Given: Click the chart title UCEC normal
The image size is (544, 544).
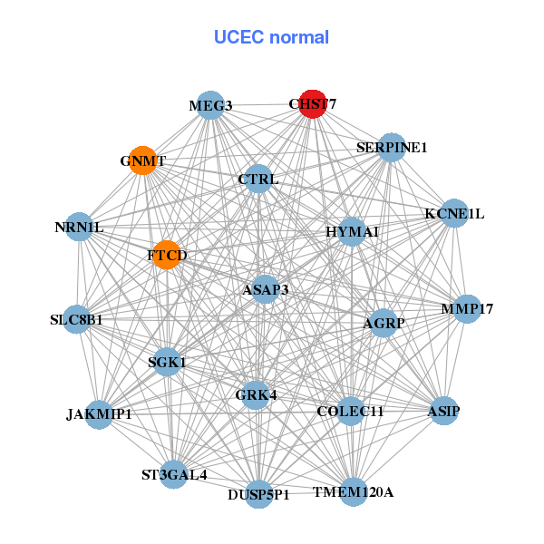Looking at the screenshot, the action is [271, 37].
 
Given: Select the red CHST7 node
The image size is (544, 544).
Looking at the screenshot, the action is [313, 104].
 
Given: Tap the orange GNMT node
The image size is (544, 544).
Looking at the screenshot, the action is [142, 160].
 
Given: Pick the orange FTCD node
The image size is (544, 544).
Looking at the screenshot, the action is [166, 255].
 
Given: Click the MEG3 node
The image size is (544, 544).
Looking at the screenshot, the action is [210, 105].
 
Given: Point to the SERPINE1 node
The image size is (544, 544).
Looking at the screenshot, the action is [391, 148].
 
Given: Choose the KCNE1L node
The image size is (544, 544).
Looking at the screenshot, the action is [454, 214].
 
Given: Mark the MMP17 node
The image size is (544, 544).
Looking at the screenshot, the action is [467, 309].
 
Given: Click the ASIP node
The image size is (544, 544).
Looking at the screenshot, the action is [443, 411].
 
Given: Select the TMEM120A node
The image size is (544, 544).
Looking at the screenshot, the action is [354, 492].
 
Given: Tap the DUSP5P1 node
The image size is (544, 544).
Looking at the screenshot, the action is [259, 494].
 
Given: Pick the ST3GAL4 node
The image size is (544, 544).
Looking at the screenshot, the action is [174, 474].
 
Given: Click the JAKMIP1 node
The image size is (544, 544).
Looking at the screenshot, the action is [99, 414].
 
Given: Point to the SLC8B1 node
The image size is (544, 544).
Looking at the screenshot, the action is [76, 319].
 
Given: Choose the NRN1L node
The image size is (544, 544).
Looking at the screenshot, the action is [79, 227].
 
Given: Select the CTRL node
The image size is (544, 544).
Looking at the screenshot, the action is [258, 180].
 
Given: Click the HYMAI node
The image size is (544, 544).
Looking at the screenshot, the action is [352, 232].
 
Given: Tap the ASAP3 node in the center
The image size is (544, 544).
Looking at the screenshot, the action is [266, 289].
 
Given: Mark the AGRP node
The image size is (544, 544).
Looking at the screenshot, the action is [384, 323].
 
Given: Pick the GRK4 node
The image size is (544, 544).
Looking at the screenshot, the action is [256, 394].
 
